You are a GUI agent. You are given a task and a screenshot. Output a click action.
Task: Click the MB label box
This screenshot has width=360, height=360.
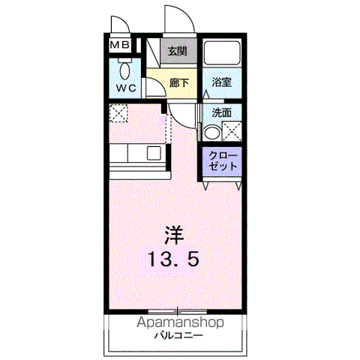[x=120, y=45]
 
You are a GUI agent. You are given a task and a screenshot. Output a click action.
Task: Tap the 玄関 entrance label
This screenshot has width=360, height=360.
[x=177, y=51]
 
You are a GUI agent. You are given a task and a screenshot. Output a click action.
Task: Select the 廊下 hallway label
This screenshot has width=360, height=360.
[x=179, y=82]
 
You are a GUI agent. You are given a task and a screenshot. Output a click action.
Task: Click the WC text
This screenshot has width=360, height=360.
[x=127, y=88]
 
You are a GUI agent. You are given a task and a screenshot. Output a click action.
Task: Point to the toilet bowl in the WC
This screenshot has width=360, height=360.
[x=124, y=71]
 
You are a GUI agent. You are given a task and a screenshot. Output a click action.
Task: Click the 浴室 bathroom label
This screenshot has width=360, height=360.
[x=221, y=82]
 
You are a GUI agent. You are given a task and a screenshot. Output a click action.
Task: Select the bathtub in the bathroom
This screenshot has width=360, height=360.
[x=222, y=53]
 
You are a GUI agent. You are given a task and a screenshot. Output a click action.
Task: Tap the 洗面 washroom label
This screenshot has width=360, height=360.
[x=221, y=113]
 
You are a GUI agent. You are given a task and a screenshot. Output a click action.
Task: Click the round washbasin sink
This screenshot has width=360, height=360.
[x=212, y=133]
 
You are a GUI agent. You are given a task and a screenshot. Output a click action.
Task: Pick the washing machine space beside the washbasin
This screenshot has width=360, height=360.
[x=232, y=131]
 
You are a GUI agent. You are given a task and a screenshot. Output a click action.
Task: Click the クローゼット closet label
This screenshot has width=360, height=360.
[x=223, y=160]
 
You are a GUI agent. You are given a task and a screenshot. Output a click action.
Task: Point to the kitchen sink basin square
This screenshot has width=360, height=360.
[x=154, y=153]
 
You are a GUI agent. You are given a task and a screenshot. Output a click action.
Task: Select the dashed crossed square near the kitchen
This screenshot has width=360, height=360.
[x=118, y=113]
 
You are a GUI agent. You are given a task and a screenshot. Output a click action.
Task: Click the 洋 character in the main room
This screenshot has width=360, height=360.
[x=174, y=235]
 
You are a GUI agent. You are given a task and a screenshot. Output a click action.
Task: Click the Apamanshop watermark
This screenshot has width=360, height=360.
[x=180, y=322]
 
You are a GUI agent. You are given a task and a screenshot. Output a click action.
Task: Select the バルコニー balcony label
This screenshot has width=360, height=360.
[x=178, y=335]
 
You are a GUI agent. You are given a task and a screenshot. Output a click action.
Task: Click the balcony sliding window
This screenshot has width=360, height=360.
[x=177, y=311]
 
